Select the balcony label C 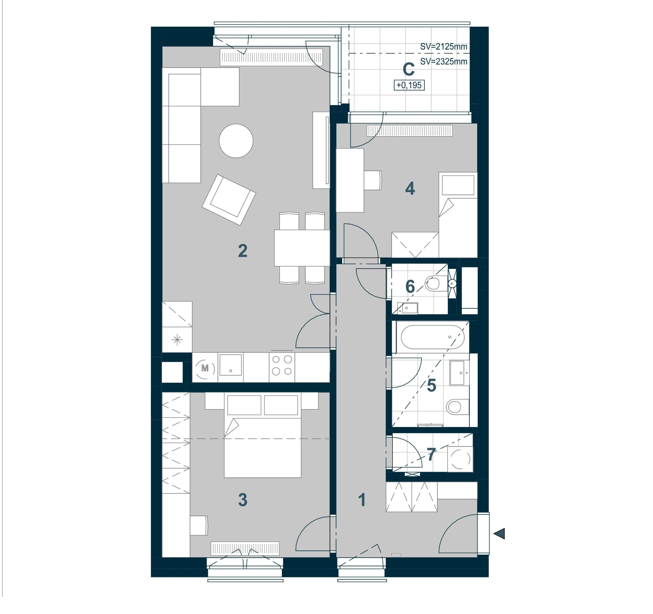pyautogui.click(x=409, y=69)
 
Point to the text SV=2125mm pyautogui.click(x=444, y=47)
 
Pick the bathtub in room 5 pyautogui.click(x=433, y=337)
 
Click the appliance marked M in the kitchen pyautogui.click(x=205, y=368)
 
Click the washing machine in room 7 pyautogui.click(x=460, y=459)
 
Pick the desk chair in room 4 pyautogui.click(x=373, y=180)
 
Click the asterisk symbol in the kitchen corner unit pyautogui.click(x=177, y=340)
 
